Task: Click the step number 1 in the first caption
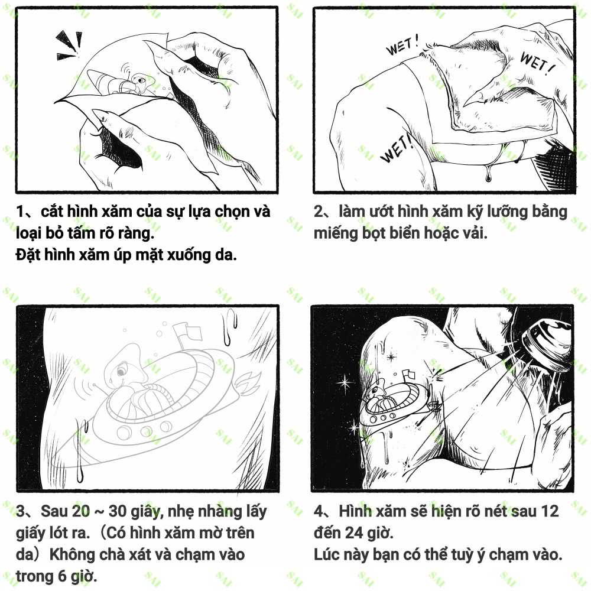21,212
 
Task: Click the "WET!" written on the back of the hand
536,62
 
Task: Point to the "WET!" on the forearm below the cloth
398,148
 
